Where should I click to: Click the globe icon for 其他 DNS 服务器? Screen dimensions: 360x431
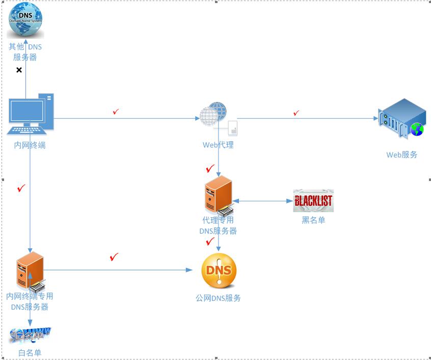point(25,20)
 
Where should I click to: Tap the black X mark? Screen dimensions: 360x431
point(19,70)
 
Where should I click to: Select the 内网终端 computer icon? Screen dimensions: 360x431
point(30,114)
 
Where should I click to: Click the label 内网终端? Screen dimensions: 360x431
point(30,145)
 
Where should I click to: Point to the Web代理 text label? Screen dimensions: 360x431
point(218,145)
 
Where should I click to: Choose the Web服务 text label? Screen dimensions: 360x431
point(401,155)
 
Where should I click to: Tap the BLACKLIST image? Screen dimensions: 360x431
point(313,200)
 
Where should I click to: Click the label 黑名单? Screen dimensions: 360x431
point(313,220)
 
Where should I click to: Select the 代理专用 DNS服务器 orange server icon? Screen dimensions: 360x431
point(218,195)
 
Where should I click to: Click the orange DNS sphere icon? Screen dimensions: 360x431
point(219,271)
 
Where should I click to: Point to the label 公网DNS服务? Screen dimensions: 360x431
point(218,298)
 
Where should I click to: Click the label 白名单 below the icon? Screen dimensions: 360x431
point(30,353)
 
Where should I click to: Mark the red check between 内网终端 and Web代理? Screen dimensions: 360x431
point(116,111)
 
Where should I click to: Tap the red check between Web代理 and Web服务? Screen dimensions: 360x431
point(296,113)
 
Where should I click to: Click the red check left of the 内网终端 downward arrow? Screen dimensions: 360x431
point(21,189)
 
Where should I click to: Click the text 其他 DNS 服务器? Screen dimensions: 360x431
point(25,52)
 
